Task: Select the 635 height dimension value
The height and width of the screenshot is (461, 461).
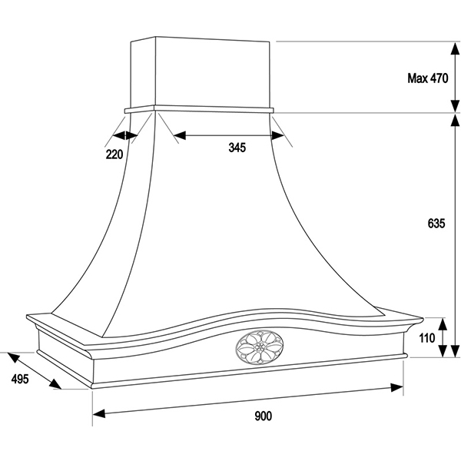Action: [x=436, y=224]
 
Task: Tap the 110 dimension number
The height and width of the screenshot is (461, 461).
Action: [x=427, y=338]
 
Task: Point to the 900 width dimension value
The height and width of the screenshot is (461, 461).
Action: [x=263, y=416]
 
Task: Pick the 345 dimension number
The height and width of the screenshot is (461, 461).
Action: [x=237, y=148]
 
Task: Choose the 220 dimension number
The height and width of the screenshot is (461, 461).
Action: [x=114, y=154]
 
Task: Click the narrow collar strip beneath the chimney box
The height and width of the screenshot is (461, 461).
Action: [x=200, y=109]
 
